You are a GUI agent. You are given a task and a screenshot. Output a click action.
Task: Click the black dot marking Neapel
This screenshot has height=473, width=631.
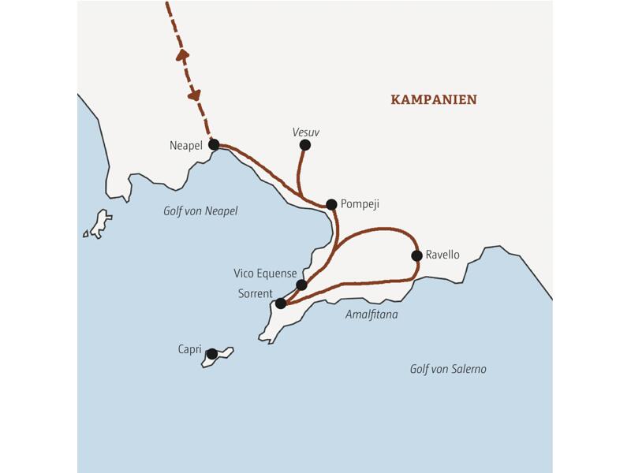(214, 145)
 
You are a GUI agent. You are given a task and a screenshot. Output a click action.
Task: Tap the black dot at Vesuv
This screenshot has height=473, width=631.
(305, 145)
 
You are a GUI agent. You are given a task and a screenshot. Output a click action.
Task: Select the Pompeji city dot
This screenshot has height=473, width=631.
(331, 205)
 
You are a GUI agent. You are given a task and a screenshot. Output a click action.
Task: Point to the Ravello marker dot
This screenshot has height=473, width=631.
(416, 255)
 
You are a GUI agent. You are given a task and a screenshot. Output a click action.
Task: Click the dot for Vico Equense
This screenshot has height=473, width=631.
(301, 285)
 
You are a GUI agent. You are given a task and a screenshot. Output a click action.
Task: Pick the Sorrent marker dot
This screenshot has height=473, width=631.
(281, 304)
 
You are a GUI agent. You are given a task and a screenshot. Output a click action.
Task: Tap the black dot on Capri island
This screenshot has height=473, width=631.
(212, 354)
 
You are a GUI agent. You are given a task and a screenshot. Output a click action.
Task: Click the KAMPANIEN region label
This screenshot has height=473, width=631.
(434, 100)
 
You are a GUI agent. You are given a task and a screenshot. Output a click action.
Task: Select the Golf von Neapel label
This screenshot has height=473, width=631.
(200, 211)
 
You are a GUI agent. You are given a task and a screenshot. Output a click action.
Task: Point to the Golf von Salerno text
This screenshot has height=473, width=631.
(448, 369)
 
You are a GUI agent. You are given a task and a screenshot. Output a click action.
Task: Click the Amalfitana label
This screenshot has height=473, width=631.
(372, 315)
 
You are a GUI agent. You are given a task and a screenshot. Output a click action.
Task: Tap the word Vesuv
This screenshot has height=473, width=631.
(306, 132)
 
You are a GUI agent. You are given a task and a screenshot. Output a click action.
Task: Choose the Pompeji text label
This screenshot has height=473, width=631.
(360, 204)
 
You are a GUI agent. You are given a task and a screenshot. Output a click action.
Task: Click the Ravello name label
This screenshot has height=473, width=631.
(442, 255)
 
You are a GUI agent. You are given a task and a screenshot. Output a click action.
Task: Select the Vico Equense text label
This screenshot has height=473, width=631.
(265, 274)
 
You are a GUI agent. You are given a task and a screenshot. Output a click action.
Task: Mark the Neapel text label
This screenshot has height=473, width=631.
(186, 146)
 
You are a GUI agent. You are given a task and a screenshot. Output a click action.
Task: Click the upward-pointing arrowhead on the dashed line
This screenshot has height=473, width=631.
(182, 54)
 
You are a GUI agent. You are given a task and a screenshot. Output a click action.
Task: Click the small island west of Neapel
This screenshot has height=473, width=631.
(99, 223)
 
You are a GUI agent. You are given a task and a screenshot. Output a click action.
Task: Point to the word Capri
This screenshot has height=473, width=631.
(189, 349)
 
